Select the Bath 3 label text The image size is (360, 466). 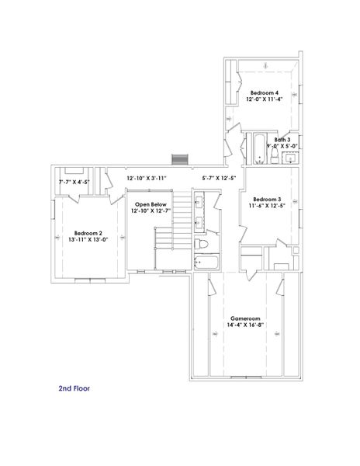pyautogui.click(x=282, y=139)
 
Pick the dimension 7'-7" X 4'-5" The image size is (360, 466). pyautogui.click(x=74, y=183)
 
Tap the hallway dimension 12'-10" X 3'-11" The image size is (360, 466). pyautogui.click(x=147, y=178)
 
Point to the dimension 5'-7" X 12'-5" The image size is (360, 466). pyautogui.click(x=219, y=178)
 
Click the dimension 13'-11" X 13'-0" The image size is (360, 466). pyautogui.click(x=86, y=238)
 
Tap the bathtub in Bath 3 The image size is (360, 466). pyautogui.click(x=258, y=148)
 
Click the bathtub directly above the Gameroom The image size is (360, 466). pyautogui.click(x=207, y=263)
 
